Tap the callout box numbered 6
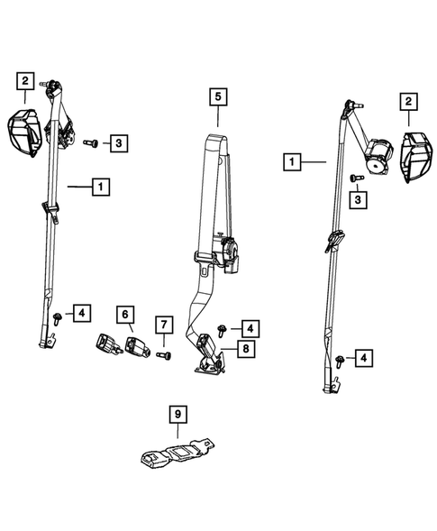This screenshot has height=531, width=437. click(125, 315)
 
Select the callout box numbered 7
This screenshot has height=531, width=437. click(162, 325)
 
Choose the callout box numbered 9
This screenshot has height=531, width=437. click(179, 415)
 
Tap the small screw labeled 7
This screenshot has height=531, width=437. click(161, 356)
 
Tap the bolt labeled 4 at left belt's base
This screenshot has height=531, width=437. click(59, 316)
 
